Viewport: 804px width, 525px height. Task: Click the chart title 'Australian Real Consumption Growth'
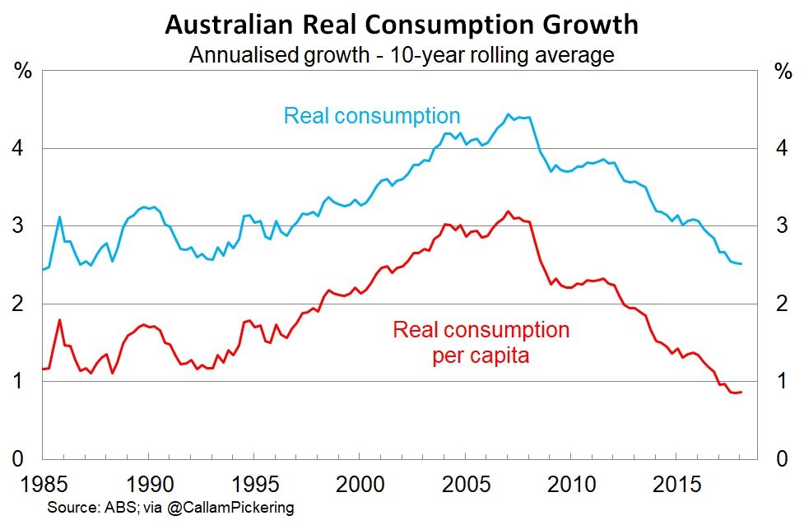pyautogui.click(x=402, y=25)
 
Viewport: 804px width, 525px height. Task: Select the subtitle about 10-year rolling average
pyautogui.click(x=402, y=56)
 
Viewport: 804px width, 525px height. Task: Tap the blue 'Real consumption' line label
pyautogui.click(x=372, y=114)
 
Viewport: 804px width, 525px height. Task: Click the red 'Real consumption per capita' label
pyautogui.click(x=481, y=343)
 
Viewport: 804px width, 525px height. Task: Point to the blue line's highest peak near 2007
pyautogui.click(x=508, y=114)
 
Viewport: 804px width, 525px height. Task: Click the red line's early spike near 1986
pyautogui.click(x=59, y=319)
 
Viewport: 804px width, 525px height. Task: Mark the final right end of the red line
pyautogui.click(x=741, y=392)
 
